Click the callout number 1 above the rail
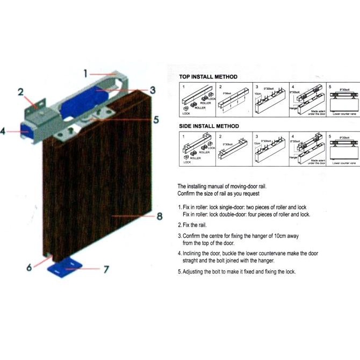85,72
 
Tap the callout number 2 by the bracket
21,92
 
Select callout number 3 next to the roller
153,90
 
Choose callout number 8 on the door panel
159,217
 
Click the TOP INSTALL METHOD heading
207,77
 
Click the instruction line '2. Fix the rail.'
192,225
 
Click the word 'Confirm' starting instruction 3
192,236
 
